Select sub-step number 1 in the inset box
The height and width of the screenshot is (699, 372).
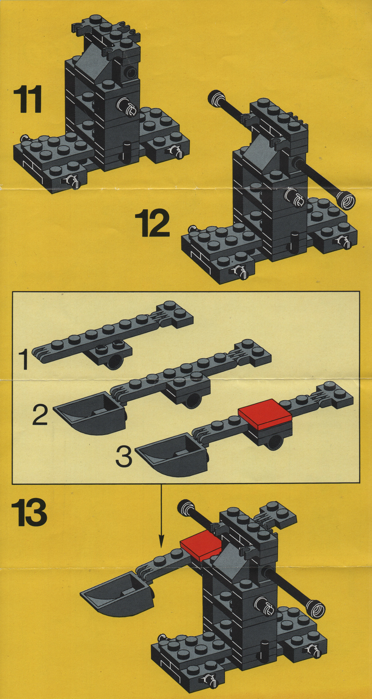(24, 360)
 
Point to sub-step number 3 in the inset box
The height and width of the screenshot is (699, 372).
(124, 456)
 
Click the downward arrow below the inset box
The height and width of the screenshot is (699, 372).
(161, 516)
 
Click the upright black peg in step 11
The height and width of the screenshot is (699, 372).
(127, 152)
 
